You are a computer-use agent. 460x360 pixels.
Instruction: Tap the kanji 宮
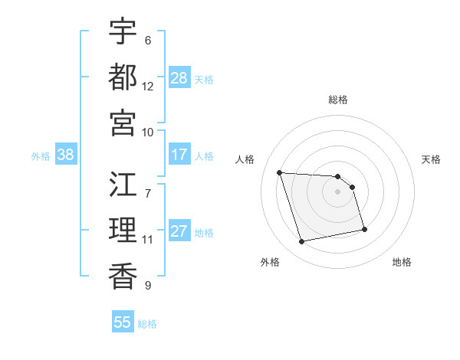(x=123, y=122)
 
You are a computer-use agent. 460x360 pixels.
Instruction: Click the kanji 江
(x=123, y=185)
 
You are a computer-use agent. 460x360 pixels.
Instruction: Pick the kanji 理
(x=123, y=230)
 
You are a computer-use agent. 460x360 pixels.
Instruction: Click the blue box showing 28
(x=179, y=78)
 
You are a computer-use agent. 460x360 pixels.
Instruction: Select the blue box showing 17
(x=179, y=155)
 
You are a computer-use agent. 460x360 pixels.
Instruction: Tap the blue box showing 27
(x=179, y=232)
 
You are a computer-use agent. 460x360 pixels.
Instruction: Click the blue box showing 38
(x=66, y=155)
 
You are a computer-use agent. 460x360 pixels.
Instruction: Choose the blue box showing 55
(x=123, y=322)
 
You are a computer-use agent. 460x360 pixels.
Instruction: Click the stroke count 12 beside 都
(x=148, y=87)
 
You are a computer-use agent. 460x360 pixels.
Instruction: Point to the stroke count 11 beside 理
(x=148, y=240)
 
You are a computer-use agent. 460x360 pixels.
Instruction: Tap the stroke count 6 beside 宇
(x=148, y=41)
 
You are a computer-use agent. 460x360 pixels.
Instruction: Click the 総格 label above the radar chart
(x=338, y=100)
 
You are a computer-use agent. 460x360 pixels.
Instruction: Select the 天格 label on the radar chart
(x=432, y=159)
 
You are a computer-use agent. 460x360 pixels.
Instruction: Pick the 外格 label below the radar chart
(x=270, y=262)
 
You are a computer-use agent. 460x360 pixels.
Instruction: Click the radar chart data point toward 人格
(x=280, y=172)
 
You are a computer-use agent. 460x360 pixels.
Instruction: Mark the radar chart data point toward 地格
(x=363, y=229)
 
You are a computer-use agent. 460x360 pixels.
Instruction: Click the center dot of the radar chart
(x=338, y=191)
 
